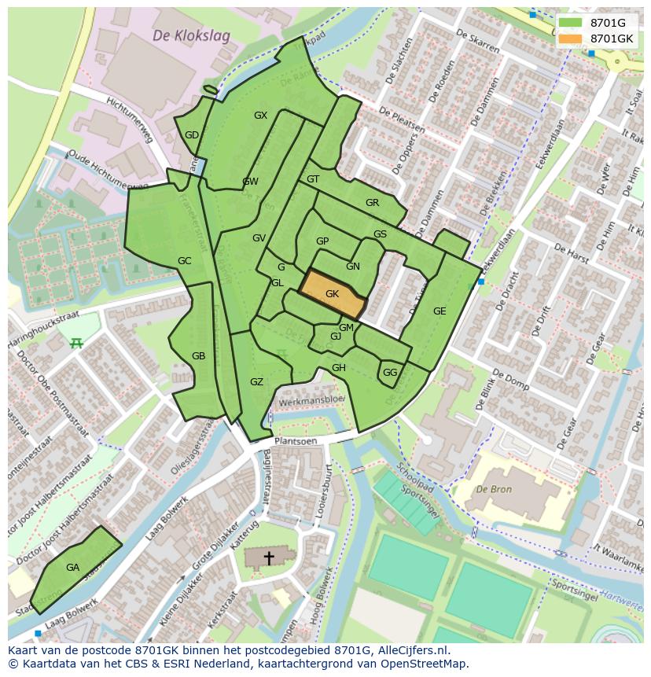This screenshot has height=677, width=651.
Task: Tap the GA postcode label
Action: point(72,567)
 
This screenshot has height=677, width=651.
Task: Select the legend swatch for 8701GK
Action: point(570,39)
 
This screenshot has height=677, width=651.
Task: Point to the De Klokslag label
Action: point(180,36)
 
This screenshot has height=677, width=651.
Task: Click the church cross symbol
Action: point(269,557)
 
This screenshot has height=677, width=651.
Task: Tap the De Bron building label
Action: point(493,489)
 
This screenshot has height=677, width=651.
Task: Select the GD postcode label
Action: point(192,135)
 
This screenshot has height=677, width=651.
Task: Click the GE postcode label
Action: point(440,311)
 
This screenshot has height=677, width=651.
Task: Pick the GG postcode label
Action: point(390,373)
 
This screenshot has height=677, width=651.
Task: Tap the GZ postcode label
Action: point(256,382)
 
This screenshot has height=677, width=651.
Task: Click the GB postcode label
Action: point(198,356)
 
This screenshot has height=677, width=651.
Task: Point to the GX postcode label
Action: point(260,116)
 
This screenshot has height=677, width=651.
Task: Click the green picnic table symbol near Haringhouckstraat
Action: point(76,343)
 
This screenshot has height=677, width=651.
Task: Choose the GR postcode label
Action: point(372,203)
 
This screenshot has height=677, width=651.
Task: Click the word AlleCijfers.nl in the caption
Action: point(410,650)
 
